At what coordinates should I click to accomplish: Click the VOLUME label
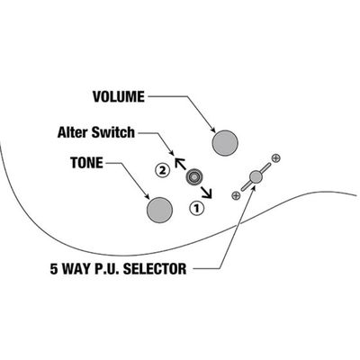[119, 97]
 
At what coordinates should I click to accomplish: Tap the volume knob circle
[225, 143]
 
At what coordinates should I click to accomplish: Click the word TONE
[86, 163]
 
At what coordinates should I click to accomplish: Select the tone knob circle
[159, 210]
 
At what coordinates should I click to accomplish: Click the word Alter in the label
[73, 132]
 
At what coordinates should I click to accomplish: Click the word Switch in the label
[113, 132]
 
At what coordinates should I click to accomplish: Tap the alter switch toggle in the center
[194, 177]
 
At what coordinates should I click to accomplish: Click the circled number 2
[162, 171]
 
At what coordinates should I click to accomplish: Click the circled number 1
[196, 208]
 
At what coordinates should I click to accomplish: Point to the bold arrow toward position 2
[181, 165]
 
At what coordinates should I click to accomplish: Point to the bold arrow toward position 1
[206, 192]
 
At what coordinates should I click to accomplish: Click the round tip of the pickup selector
[256, 176]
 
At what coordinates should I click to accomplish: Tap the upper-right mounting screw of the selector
[276, 157]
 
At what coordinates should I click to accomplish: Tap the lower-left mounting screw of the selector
[236, 195]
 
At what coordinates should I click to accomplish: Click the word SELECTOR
[155, 268]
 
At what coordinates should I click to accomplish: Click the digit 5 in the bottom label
[53, 268]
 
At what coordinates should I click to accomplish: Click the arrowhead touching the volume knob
[213, 130]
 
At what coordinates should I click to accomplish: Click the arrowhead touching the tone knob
[148, 197]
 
